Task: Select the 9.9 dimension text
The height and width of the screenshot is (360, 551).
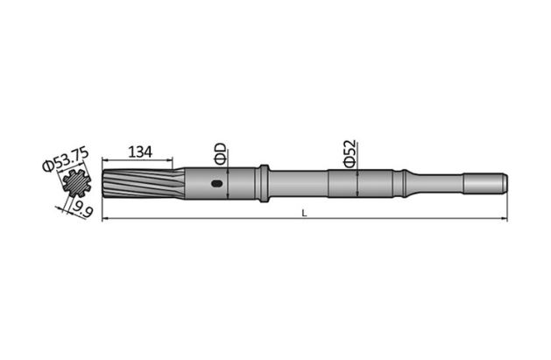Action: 84,209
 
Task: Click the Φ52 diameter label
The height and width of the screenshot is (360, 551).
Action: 349,153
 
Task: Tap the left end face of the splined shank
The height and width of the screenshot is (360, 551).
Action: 103,184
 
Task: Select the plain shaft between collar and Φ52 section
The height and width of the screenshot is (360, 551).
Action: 298,184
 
